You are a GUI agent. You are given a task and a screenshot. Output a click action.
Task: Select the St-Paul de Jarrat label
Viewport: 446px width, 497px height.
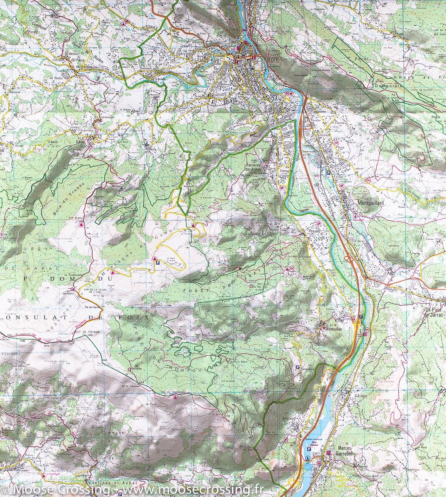tap(433, 312)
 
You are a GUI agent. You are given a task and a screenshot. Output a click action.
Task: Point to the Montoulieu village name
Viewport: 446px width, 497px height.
tap(336, 328)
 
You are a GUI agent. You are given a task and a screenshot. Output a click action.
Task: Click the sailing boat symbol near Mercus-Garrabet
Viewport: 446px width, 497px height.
tap(308, 457)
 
